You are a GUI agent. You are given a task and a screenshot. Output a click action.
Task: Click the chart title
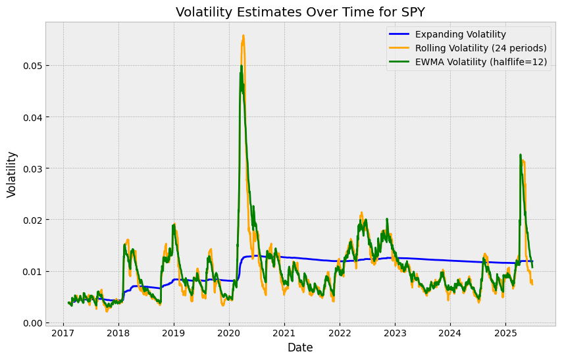299,12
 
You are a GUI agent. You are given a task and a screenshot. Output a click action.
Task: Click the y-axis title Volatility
12,174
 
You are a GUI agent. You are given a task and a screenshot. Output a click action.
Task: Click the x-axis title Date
300,347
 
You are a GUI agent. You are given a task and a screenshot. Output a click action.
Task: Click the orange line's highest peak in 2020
243,36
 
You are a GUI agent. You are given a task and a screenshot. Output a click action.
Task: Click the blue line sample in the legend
404,34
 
